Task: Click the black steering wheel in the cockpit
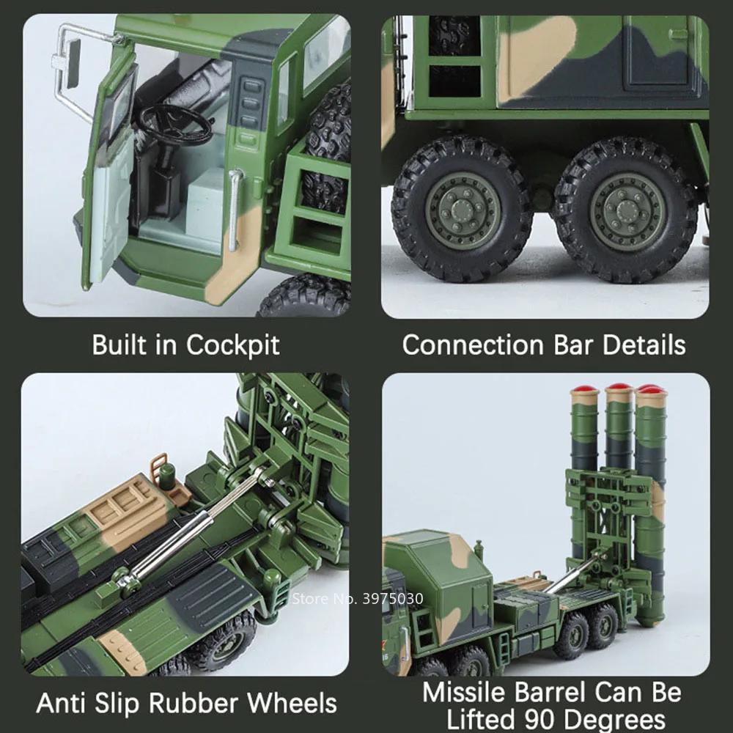tap(176, 123)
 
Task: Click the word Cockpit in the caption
tap(233, 345)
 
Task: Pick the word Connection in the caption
tap(473, 345)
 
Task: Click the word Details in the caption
tap(644, 345)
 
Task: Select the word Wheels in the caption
tap(292, 703)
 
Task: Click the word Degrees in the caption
tap(614, 721)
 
